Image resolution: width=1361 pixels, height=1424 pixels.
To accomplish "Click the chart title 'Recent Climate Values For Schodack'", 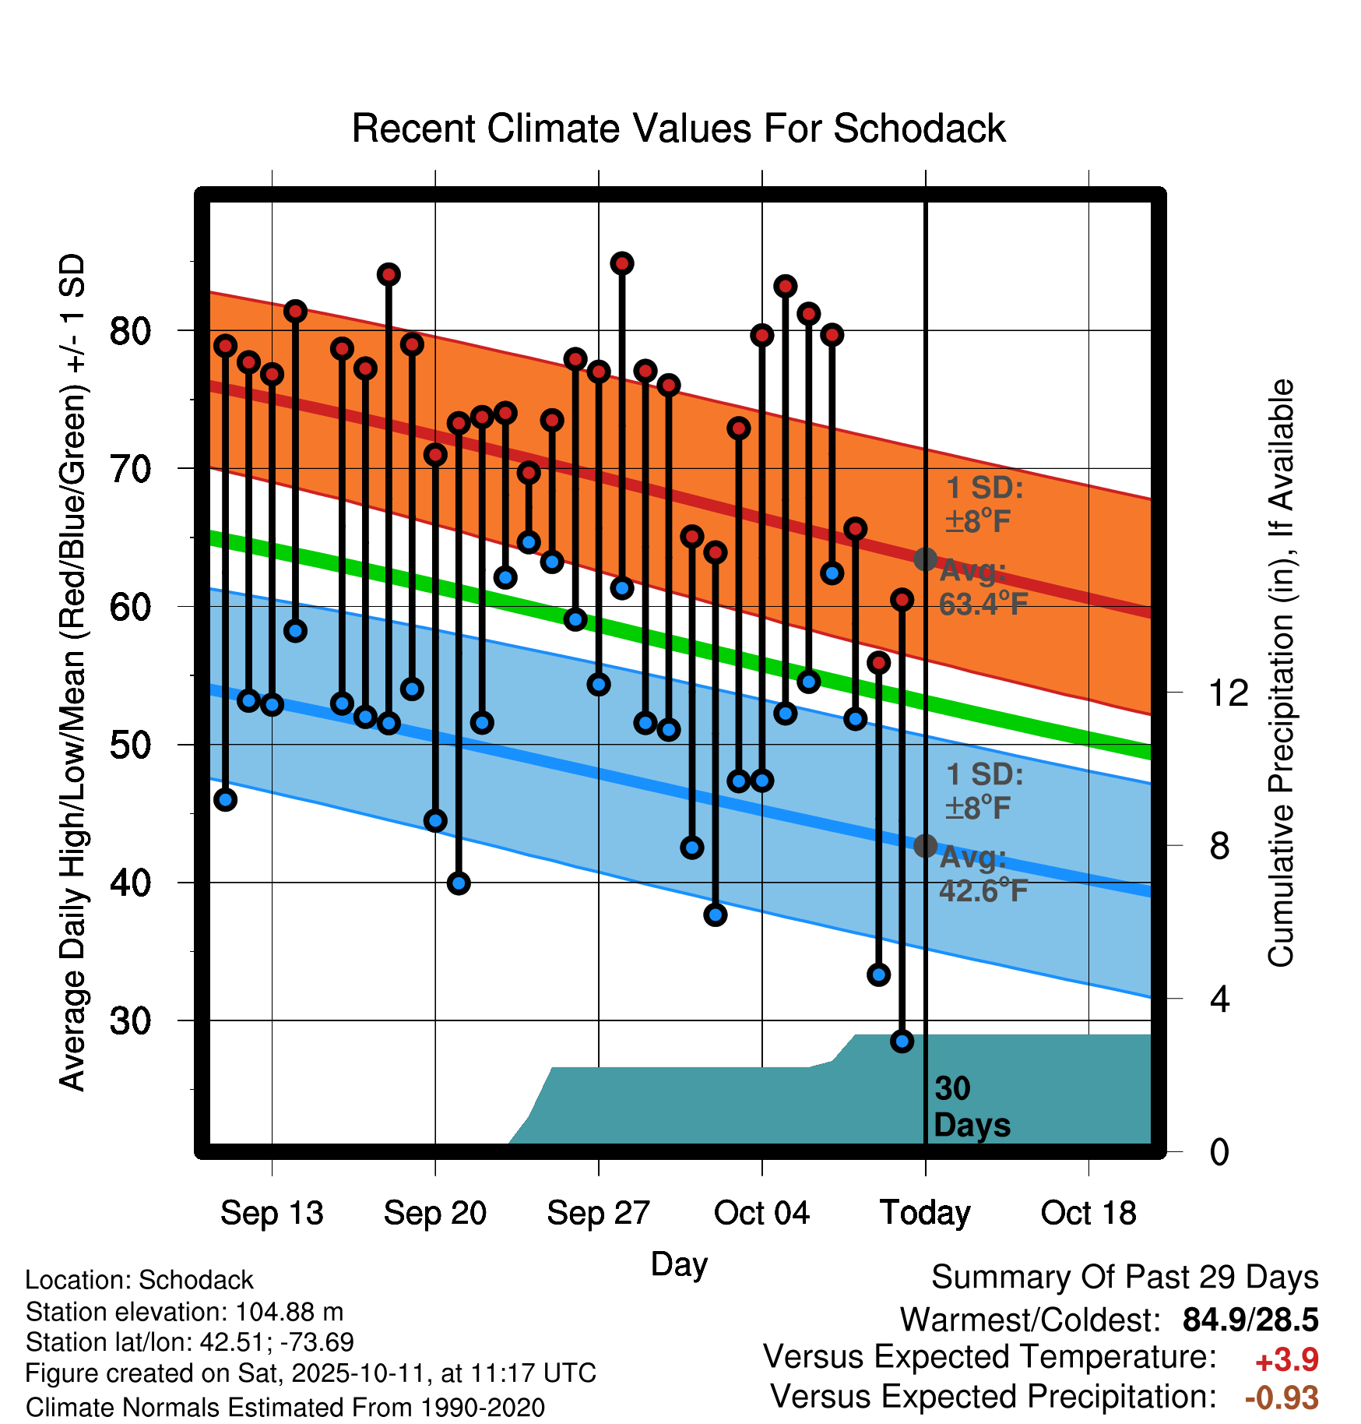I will tap(678, 129).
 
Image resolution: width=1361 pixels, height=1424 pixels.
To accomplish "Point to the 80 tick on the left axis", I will tap(130, 331).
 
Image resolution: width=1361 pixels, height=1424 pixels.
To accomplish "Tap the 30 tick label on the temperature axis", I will tap(130, 1020).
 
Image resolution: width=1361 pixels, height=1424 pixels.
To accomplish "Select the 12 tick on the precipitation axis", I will tap(1229, 693).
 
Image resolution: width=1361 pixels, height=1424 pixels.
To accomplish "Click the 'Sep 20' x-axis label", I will tap(434, 1213).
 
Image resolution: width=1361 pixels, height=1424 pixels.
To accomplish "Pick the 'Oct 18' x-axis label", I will tap(1088, 1213).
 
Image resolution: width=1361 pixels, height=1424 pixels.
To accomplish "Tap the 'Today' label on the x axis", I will tap(925, 1213).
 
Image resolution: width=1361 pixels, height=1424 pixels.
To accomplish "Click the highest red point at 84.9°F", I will tap(621, 263).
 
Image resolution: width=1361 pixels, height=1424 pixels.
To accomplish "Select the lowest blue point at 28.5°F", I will tap(902, 1041).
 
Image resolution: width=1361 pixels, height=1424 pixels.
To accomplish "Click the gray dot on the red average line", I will tap(925, 559).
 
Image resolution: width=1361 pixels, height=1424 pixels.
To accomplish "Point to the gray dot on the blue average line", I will tap(925, 845).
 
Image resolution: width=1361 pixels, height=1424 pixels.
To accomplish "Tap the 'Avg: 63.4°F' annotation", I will tap(983, 587).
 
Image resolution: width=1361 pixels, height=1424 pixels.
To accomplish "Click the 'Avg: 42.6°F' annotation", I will tap(983, 874).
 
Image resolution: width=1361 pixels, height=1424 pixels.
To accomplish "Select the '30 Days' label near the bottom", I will tap(970, 1107).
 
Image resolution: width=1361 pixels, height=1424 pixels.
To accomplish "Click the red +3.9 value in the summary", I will tap(1286, 1360).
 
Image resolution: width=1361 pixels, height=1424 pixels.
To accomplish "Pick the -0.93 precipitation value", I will tap(1282, 1398).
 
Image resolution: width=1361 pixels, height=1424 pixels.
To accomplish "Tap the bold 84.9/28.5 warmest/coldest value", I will tap(1250, 1320).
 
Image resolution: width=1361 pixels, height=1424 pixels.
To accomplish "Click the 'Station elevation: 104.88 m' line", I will tap(185, 1312).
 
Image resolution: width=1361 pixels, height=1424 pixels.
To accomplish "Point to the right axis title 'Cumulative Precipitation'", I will tap(1280, 673).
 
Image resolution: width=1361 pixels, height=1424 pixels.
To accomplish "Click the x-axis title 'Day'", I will tap(679, 1264).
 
